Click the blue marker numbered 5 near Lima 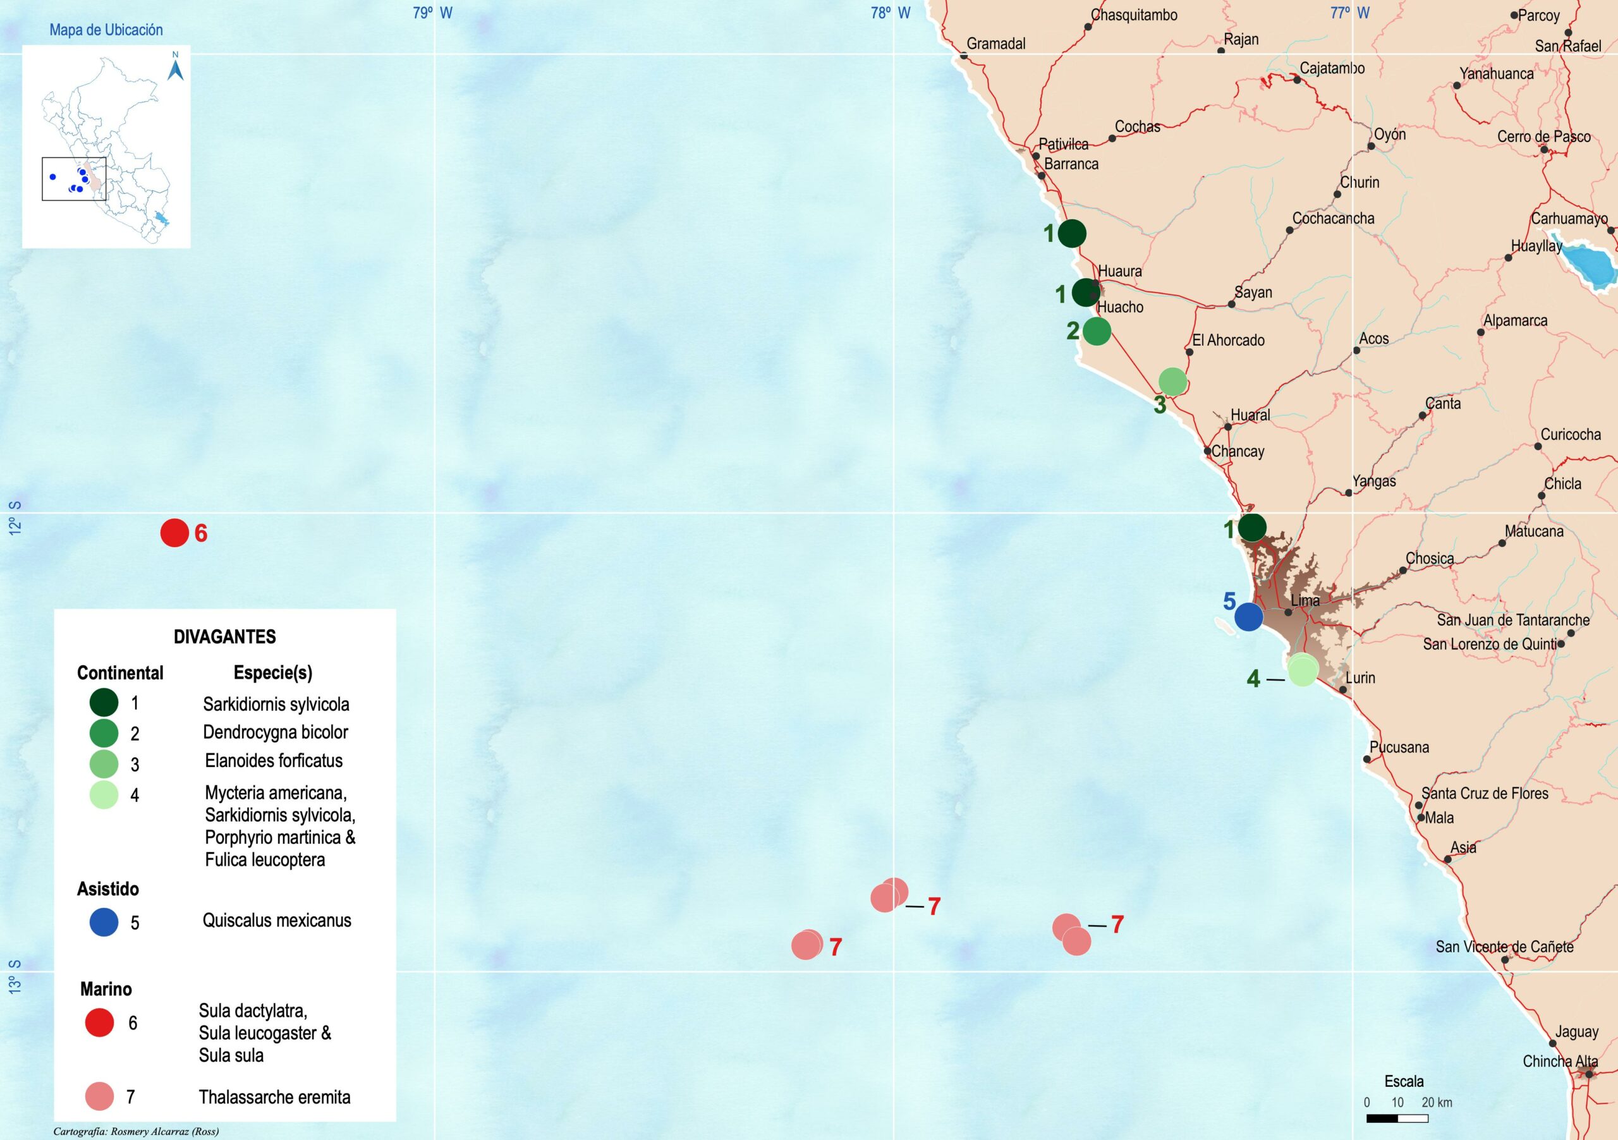[1249, 617]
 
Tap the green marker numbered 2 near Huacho [1097, 330]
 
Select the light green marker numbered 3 [1172, 382]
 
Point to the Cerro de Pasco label [1543, 136]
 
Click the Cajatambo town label [1332, 69]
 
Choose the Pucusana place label [1399, 747]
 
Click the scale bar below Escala [1397, 1118]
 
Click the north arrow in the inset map [176, 68]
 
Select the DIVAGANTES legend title [225, 637]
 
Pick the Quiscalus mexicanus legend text [276, 921]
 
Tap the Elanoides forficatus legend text [274, 761]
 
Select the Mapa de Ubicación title [106, 30]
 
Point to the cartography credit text [136, 1132]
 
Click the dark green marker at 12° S [1251, 527]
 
